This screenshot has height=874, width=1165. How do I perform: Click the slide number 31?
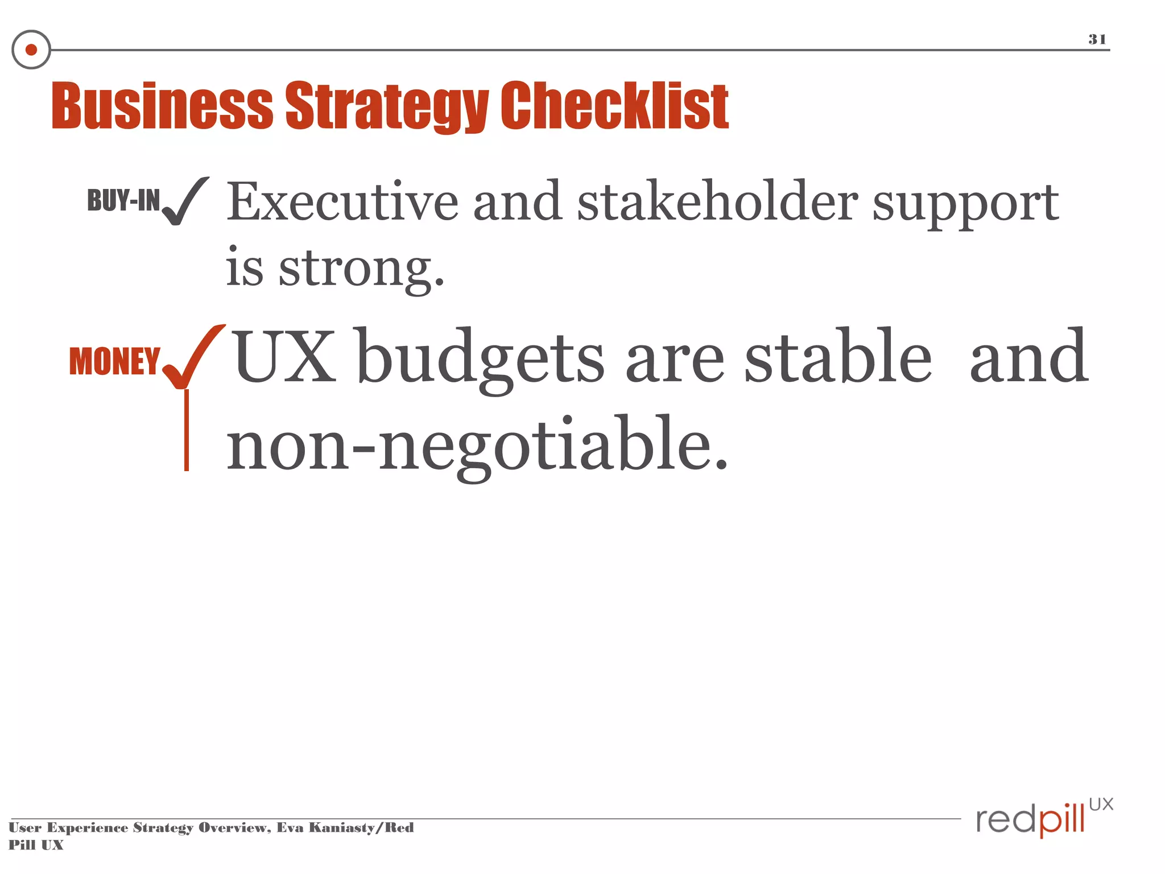tap(1097, 39)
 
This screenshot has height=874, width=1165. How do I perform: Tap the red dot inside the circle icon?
tap(31, 50)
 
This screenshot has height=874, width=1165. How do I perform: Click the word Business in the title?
tap(163, 106)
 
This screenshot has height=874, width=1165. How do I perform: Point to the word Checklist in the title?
tap(614, 106)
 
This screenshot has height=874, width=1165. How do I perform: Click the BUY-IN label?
tap(123, 200)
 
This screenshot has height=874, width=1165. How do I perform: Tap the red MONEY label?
tap(114, 361)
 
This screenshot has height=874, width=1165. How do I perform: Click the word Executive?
tap(342, 202)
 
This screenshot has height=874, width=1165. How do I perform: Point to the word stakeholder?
tap(717, 202)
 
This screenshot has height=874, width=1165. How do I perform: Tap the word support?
tap(965, 205)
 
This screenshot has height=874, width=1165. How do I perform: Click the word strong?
tap(361, 269)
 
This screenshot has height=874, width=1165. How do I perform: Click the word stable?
tap(838, 357)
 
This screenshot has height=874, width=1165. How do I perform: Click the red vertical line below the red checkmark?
tap(187, 431)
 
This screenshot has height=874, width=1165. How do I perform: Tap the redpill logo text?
tap(1030, 820)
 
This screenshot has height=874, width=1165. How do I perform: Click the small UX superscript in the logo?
tap(1101, 805)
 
